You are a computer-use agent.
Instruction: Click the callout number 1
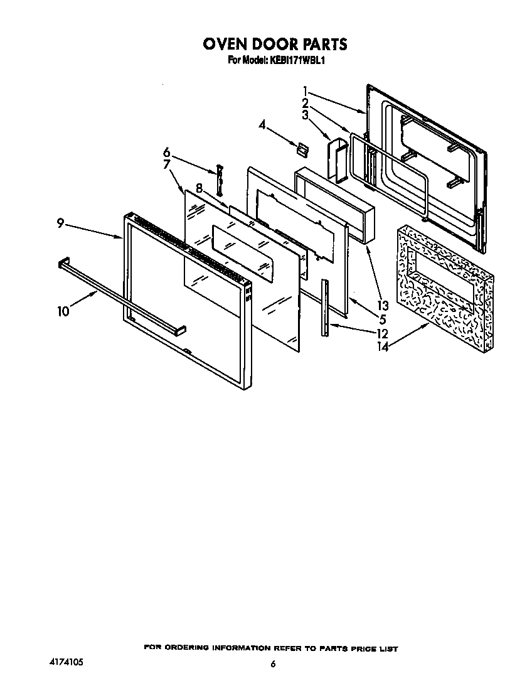point(305,90)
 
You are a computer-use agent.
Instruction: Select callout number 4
point(262,124)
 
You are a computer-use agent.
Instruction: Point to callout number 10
point(63,311)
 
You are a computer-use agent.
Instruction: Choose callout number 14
point(383,346)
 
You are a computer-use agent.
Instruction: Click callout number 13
point(382,306)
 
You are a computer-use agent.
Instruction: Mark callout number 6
point(166,152)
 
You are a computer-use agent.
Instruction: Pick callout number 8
point(198,187)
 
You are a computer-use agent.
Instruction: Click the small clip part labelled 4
point(302,149)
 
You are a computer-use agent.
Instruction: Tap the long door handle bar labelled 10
point(119,296)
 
